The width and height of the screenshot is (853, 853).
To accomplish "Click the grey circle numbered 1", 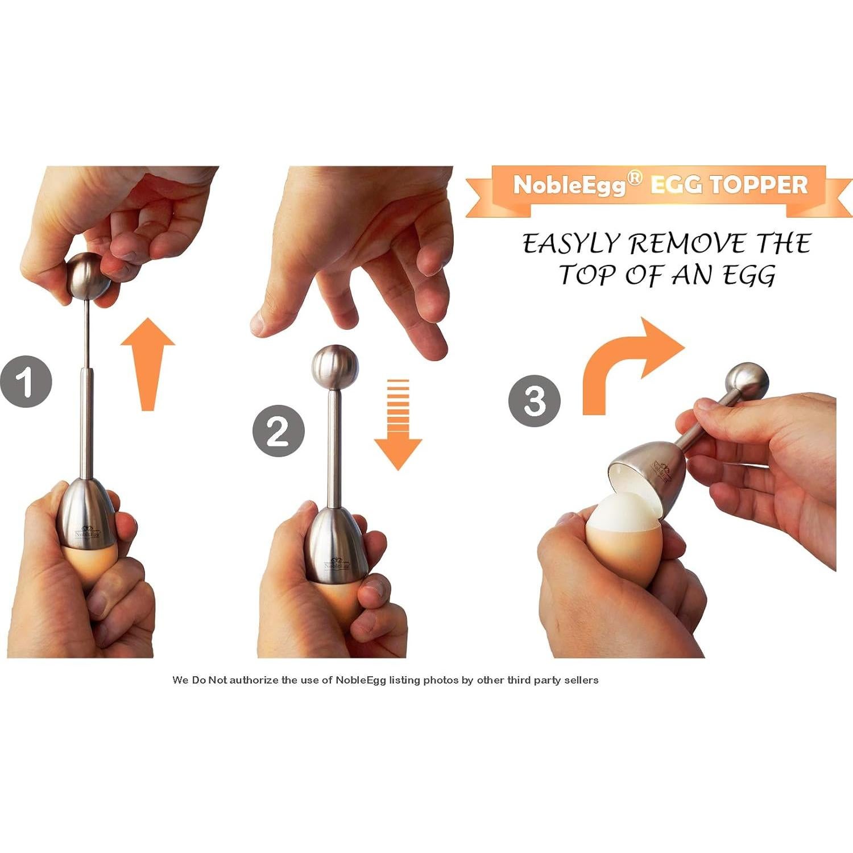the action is tap(26, 382).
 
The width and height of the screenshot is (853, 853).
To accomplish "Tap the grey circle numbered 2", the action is tap(279, 430).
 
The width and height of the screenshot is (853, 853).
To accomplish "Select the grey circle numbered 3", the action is tap(535, 400).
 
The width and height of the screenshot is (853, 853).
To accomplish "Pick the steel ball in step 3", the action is tap(747, 383).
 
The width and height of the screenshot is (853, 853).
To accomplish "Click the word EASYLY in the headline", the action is tap(571, 245).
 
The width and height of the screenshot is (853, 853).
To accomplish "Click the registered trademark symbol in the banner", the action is tap(635, 178).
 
